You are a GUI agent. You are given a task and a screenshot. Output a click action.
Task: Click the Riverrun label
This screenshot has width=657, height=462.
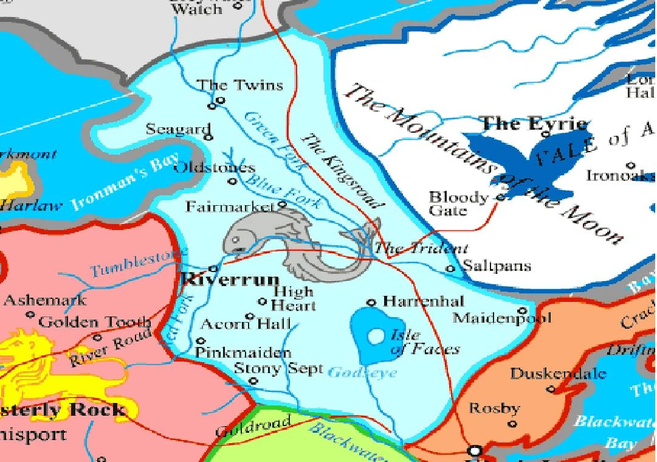pos(230,281)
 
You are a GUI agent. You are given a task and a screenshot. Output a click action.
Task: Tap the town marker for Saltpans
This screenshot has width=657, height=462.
pos(450,268)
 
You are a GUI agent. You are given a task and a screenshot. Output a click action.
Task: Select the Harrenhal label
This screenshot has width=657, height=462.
pos(424,301)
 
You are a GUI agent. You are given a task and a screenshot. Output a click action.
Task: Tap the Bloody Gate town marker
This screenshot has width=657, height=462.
pos(500,197)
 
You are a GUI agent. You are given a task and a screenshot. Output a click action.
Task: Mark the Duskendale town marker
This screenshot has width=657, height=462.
pos(551,388)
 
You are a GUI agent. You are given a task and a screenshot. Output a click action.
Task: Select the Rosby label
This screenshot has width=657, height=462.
pos(494,408)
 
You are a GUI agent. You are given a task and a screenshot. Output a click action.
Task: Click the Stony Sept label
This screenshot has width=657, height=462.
pos(278,368)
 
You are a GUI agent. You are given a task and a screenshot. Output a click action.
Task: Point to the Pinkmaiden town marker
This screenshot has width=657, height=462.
pos(201,341)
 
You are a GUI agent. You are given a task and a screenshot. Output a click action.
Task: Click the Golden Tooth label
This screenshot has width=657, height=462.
pos(95,322)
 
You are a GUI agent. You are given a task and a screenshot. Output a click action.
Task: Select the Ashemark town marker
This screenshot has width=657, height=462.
pos(30,315)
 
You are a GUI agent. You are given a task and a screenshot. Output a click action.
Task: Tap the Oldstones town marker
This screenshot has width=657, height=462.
pos(232,181)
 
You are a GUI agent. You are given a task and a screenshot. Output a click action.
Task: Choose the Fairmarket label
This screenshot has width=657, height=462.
pos(230,207)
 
